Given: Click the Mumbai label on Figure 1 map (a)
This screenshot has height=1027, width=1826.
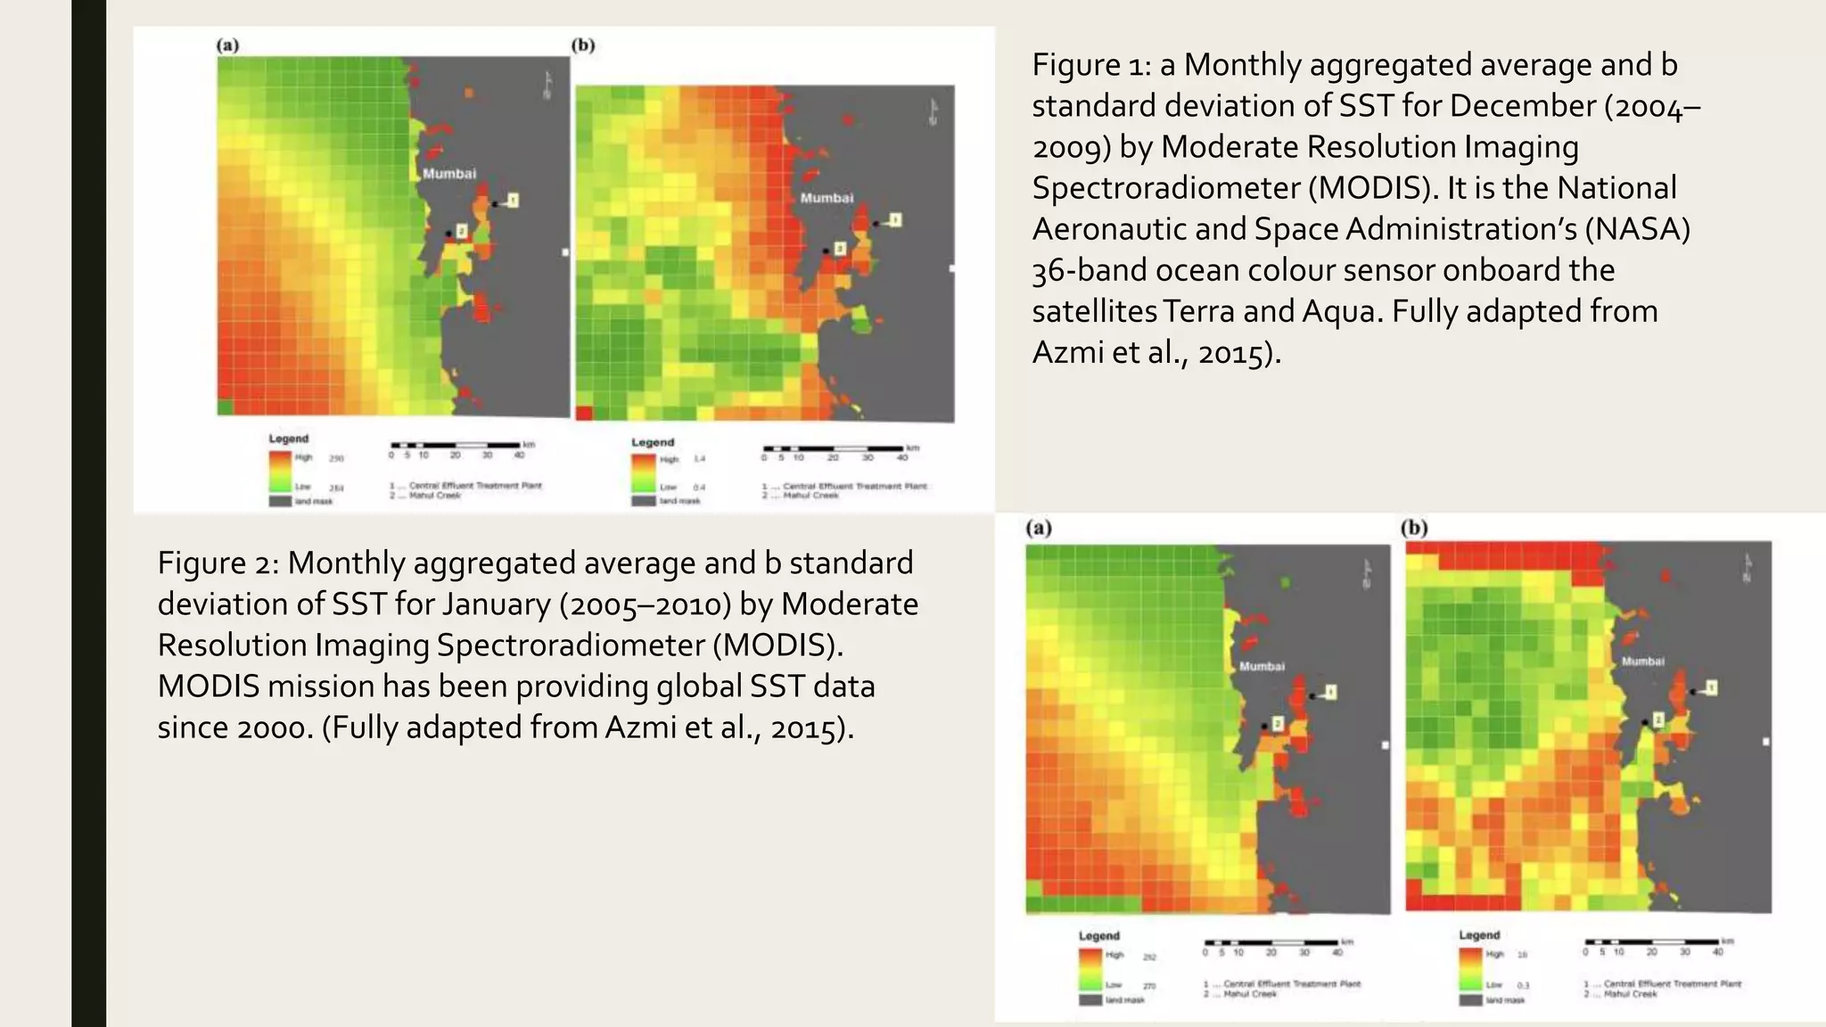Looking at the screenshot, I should [449, 174].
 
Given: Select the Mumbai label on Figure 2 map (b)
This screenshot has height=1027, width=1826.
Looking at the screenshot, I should [1642, 661].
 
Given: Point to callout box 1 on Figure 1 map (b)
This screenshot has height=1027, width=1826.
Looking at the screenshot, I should [895, 219].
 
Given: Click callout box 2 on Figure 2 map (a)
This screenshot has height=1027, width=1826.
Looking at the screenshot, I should [1278, 724].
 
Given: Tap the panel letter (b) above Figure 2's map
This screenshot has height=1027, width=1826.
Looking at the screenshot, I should [1414, 528].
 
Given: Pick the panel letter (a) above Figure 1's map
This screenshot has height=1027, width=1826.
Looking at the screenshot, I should [228, 45].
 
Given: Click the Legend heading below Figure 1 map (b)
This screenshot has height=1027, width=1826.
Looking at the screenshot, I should [653, 442].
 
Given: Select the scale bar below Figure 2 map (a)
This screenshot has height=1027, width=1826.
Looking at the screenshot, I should [1271, 942].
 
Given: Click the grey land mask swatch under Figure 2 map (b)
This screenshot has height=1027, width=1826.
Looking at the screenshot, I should [1470, 1000].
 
